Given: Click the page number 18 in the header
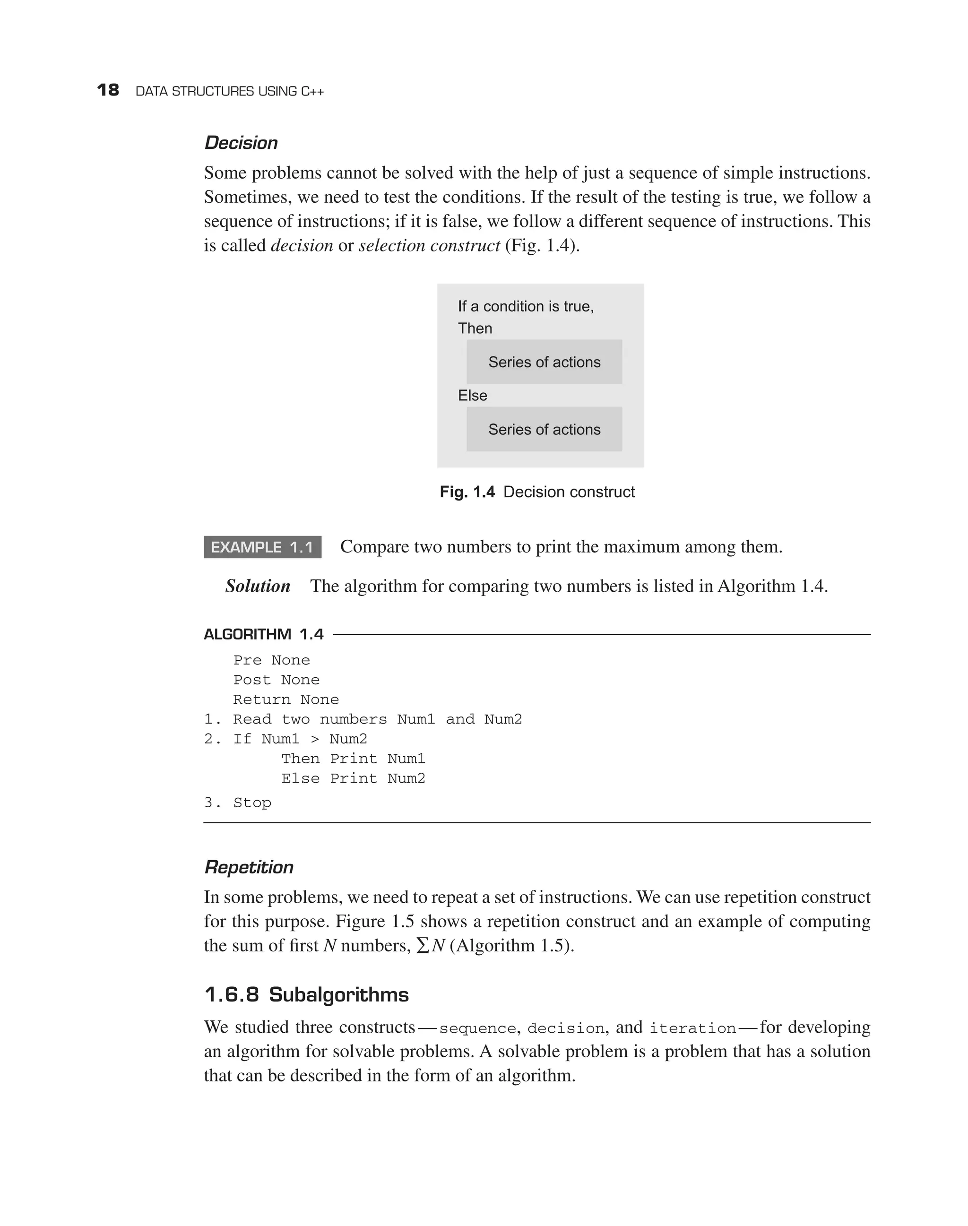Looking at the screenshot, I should [108, 90].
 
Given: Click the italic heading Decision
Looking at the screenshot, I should [241, 143].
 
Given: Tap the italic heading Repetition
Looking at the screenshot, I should [249, 867].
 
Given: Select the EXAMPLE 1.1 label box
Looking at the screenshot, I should [262, 547].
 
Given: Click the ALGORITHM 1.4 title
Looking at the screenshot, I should [264, 634].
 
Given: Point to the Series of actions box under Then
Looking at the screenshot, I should [544, 362].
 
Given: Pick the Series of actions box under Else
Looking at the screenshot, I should [544, 429].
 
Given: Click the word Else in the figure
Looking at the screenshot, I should [472, 396].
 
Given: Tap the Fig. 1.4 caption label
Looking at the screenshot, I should [467, 492].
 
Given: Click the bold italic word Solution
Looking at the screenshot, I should [258, 586].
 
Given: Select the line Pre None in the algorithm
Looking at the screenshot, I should [271, 660].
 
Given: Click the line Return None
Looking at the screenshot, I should [285, 699].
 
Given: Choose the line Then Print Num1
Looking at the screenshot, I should [353, 759].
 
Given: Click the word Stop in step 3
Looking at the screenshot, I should [252, 803].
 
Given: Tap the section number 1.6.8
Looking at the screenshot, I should [231, 995].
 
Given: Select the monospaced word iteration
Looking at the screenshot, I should [692, 1028].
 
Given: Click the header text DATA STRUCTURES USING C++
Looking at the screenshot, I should [230, 91].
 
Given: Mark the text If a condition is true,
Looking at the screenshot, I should [526, 307].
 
